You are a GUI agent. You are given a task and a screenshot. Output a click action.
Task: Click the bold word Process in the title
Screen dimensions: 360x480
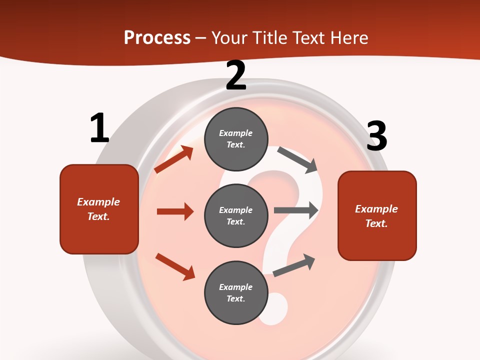pos(157,37)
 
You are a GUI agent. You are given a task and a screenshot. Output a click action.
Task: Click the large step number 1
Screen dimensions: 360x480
pos(99,128)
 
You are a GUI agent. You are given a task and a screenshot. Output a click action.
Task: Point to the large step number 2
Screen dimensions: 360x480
pos(236,75)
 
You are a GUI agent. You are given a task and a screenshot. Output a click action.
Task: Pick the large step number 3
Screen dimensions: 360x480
pos(377,136)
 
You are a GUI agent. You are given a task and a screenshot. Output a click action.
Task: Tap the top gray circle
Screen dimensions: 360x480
pos(236,139)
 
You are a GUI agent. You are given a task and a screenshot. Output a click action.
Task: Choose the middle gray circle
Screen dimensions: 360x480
pos(236,215)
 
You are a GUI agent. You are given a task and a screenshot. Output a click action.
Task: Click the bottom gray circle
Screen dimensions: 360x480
pos(236,292)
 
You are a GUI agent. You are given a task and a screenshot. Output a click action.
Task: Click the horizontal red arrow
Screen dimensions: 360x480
pos(175,211)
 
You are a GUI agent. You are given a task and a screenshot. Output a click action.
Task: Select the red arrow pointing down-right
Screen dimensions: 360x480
pos(175,266)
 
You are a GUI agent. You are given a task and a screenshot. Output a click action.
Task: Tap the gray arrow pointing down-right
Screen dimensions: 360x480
pos(298,159)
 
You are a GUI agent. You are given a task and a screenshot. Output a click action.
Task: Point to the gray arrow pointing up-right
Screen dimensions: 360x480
pos(294,265)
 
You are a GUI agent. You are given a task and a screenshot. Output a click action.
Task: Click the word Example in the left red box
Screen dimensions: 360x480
pos(98,202)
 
